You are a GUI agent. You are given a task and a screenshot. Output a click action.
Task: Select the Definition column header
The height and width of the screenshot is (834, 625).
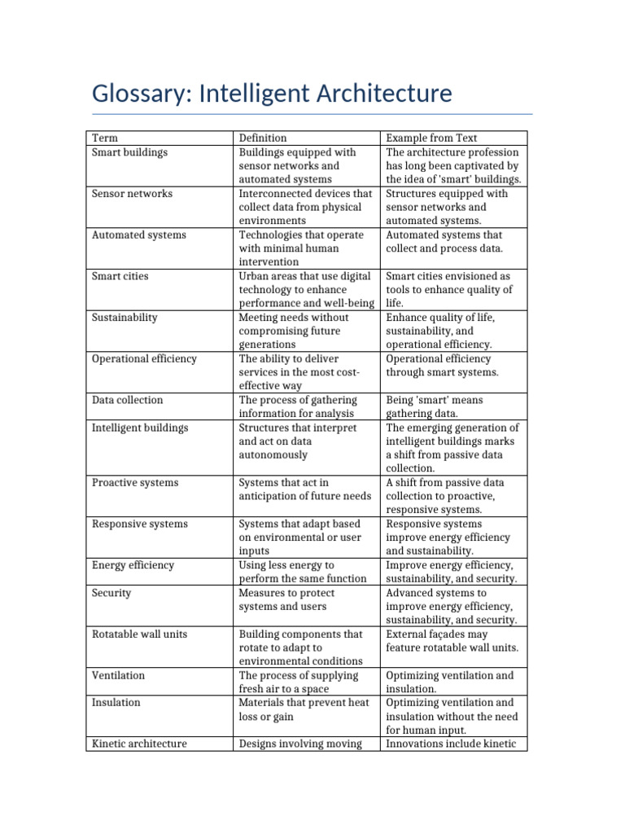[x=262, y=138]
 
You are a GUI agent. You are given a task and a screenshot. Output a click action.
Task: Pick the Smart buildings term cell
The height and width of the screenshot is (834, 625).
[x=130, y=152]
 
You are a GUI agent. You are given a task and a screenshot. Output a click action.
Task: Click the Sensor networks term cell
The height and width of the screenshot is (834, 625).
[x=132, y=194]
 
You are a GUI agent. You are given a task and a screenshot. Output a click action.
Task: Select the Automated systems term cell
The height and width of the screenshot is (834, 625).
[x=139, y=235]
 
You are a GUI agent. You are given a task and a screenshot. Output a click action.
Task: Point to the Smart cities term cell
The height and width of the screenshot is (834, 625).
[x=120, y=277]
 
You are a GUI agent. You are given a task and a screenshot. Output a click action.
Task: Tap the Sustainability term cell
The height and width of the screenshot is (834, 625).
[x=125, y=318]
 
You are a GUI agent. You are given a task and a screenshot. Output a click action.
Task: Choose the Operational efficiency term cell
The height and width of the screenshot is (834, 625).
[x=144, y=359]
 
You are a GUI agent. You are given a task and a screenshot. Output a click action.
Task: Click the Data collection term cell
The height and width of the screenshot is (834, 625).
[x=127, y=400]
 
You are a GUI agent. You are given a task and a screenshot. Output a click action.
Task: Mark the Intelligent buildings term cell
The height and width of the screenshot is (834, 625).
[x=140, y=428]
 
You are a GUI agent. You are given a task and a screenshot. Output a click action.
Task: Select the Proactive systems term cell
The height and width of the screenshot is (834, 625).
[x=132, y=483]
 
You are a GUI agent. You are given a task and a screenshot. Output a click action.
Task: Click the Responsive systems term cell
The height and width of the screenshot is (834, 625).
[x=139, y=525]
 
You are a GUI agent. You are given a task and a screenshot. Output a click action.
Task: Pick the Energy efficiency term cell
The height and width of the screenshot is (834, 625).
[x=132, y=565]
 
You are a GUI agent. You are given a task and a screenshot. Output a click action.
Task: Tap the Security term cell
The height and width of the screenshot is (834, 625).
[x=111, y=593]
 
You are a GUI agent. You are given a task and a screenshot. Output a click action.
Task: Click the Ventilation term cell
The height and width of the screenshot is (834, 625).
[x=118, y=676]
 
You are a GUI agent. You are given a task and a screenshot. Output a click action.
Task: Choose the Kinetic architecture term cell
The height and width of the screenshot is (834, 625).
[x=139, y=744]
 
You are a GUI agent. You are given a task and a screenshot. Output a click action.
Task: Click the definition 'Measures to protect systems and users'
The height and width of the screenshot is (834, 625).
[x=286, y=599]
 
